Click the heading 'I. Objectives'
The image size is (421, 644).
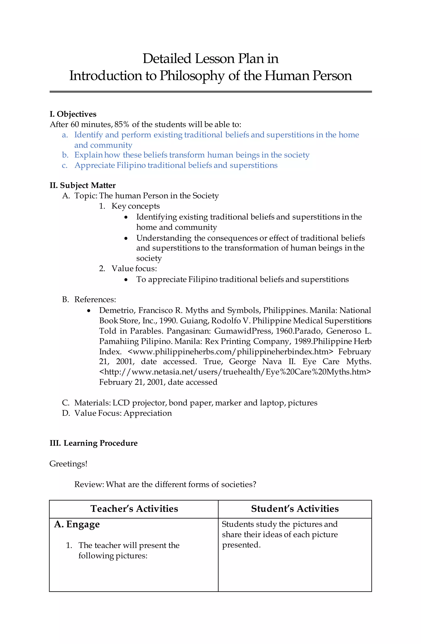click(73, 114)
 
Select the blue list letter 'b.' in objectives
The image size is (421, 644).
click(65, 155)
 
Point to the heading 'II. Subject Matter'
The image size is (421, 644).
click(82, 185)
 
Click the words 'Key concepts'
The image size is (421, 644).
click(135, 206)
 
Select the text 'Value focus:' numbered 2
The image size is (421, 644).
click(134, 269)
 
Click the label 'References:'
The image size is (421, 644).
click(95, 300)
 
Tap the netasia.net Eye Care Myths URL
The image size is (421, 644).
click(235, 372)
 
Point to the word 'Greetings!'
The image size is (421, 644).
click(68, 464)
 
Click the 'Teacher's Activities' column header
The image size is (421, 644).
click(134, 509)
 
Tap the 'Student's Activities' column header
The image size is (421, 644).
click(295, 509)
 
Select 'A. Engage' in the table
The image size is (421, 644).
click(77, 524)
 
